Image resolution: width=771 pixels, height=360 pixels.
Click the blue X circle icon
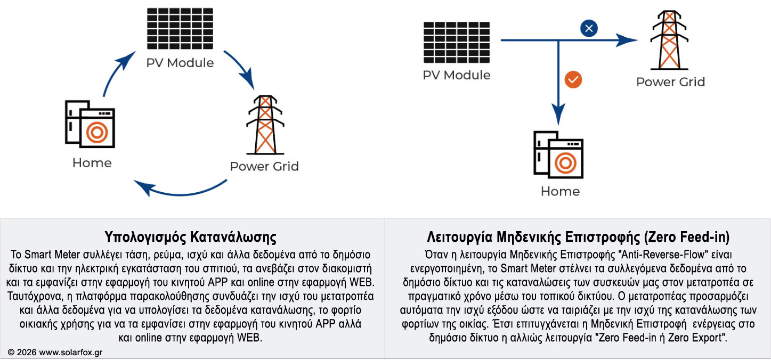pos(589,28)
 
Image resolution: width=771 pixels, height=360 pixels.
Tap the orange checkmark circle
pos(573,80)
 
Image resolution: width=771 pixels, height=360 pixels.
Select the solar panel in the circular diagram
pos(180,29)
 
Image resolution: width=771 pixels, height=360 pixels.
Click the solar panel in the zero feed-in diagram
pos(457,42)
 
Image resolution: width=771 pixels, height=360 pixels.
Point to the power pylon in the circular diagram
pos(265,125)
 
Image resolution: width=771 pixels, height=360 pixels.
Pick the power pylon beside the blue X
pos(669,40)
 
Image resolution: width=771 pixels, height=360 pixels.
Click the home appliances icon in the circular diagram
pos(90,124)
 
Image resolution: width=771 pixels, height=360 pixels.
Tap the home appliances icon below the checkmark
pos(558,154)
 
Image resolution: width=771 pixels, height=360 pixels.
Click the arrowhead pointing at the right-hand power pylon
pos(627,40)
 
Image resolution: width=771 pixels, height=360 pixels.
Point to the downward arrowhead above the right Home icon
pos(558,114)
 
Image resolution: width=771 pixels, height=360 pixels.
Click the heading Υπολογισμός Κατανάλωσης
pos(190,237)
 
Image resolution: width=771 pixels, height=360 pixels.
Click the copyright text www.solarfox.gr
pos(70,353)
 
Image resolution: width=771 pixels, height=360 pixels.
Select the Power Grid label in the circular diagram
pos(264,166)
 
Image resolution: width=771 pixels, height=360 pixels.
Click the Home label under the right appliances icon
pos(560,191)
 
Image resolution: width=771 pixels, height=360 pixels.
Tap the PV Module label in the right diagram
pos(457,75)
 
